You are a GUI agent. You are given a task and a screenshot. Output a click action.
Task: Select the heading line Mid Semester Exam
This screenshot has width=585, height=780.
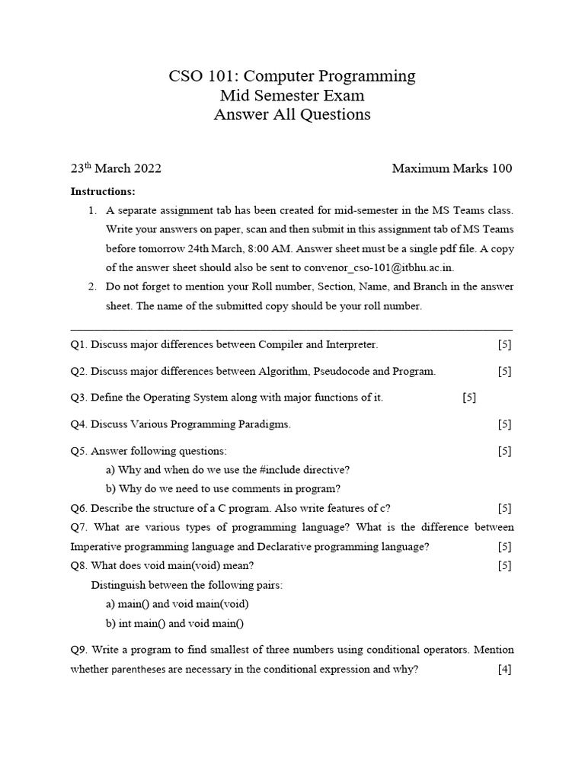tap(292, 96)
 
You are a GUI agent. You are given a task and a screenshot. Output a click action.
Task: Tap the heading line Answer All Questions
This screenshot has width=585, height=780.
tap(292, 115)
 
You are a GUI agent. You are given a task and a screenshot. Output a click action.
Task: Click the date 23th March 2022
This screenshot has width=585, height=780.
tap(116, 168)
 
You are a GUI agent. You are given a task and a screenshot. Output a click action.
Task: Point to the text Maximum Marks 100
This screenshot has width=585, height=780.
tap(452, 168)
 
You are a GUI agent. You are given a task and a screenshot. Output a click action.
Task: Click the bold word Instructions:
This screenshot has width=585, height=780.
tap(103, 191)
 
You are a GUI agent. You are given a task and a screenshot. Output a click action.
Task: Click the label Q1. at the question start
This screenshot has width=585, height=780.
tap(79, 344)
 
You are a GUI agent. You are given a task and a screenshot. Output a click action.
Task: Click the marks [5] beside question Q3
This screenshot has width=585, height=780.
tap(469, 398)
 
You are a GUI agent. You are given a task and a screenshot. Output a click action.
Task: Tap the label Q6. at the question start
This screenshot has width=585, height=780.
tap(79, 508)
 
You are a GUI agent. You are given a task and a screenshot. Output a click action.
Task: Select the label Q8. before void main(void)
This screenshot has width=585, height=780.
tap(79, 566)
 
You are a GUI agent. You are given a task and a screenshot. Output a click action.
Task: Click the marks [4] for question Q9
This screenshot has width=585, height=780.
tap(504, 670)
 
